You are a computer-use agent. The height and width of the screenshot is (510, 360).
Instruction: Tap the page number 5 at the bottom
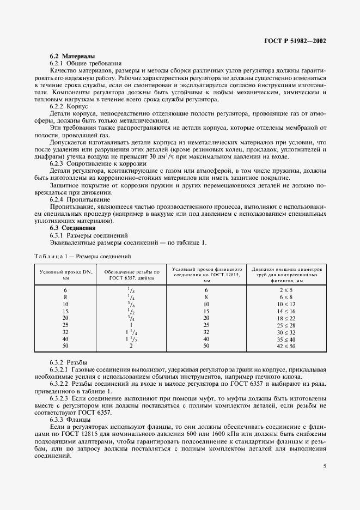[325, 466]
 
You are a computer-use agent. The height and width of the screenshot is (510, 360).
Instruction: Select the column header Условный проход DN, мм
[65, 274]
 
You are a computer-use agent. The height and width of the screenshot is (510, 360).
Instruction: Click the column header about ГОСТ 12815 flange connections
[206, 274]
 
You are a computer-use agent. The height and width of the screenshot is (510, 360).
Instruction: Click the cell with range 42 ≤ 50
[286, 346]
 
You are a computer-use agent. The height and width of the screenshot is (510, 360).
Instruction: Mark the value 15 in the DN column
[65, 310]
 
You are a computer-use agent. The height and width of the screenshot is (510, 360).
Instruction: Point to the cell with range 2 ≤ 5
[286, 289]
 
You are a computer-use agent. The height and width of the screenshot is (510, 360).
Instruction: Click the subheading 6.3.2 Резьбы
[69, 362]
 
